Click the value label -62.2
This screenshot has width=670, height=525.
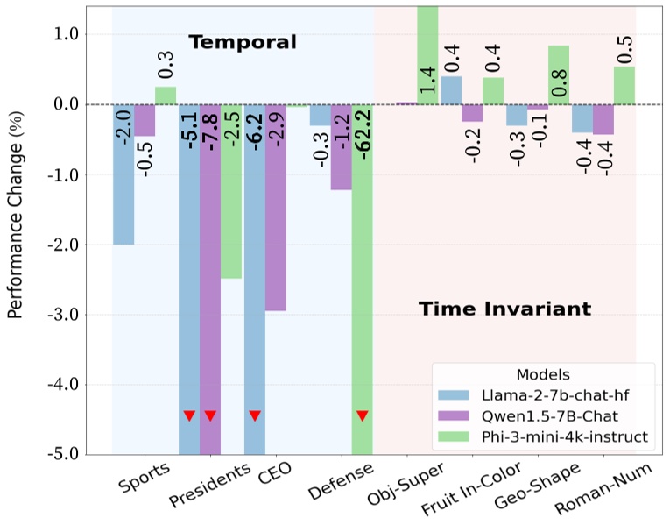363,132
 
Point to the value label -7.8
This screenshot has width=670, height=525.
210,132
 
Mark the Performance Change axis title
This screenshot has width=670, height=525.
16,230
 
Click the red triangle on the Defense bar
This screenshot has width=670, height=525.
363,415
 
